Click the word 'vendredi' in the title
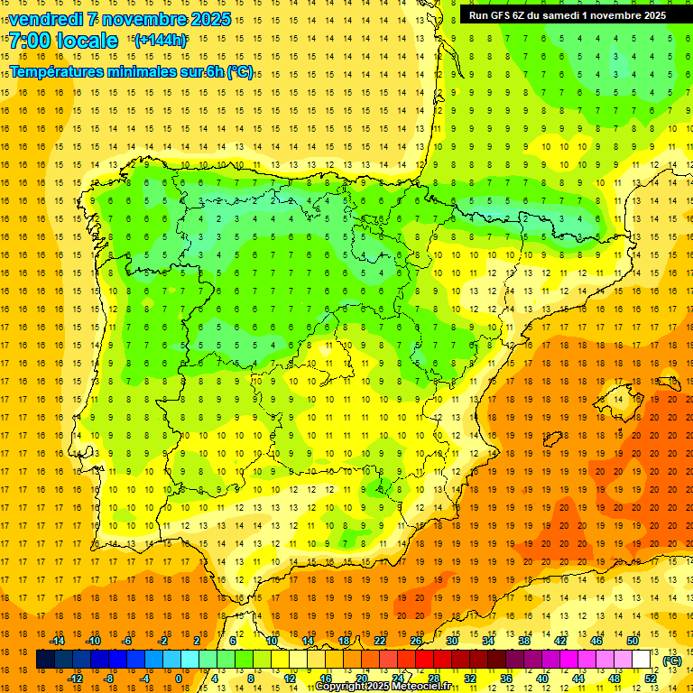[x=45, y=19]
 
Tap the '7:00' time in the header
[x=32, y=41]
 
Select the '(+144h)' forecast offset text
[x=161, y=40]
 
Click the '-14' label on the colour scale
[x=57, y=641]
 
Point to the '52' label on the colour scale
[x=651, y=679]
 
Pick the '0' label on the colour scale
[x=179, y=679]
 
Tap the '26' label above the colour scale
[x=416, y=641]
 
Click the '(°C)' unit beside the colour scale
[x=672, y=661]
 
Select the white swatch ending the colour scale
[x=642, y=661]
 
